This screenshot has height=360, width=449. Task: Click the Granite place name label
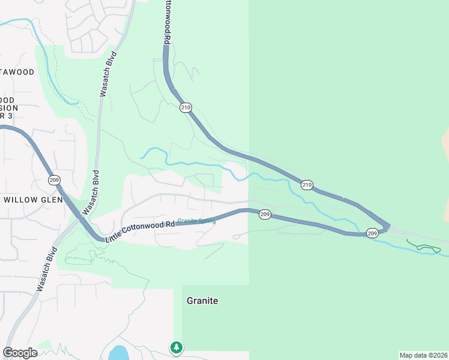(x=202, y=301)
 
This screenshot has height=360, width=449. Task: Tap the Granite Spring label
(x=196, y=221)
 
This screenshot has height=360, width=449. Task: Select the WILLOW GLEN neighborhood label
(x=33, y=200)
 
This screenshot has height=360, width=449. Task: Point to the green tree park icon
(x=176, y=347)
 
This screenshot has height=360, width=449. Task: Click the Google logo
(x=20, y=353)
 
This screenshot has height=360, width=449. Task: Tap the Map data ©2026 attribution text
(x=424, y=355)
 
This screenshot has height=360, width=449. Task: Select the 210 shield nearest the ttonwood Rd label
(x=185, y=108)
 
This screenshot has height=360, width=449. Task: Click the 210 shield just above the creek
(x=307, y=185)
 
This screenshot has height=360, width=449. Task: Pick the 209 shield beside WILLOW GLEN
(x=55, y=179)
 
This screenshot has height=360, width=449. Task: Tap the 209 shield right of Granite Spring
(x=265, y=214)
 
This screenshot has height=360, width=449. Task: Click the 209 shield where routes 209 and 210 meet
(x=372, y=233)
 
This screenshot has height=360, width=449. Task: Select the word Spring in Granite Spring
(x=206, y=221)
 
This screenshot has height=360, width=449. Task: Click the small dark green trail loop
(x=425, y=247)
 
